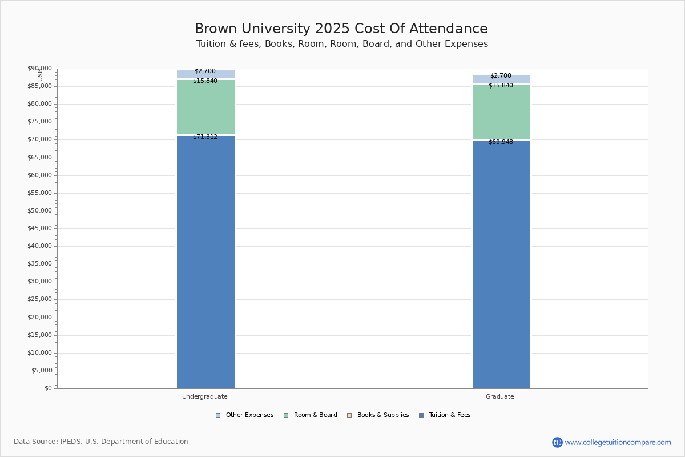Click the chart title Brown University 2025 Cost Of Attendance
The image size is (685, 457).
[x=341, y=29]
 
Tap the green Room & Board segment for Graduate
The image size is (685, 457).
[x=501, y=112]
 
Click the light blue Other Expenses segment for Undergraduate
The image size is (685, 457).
[x=205, y=74]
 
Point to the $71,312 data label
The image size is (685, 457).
[x=205, y=137]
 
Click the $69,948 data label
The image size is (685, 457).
[x=501, y=142]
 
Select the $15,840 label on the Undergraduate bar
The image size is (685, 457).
[x=205, y=81]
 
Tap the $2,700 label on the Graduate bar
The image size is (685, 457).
[x=501, y=76]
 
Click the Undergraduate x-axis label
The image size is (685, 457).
[x=204, y=396]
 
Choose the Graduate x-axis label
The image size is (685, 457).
[x=499, y=396]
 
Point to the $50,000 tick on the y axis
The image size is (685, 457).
[x=39, y=211]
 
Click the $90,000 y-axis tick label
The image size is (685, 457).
[x=39, y=69]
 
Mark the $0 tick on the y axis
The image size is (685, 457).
[x=48, y=388]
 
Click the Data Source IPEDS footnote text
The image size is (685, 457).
[x=101, y=442]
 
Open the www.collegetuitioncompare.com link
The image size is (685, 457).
[x=618, y=442]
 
